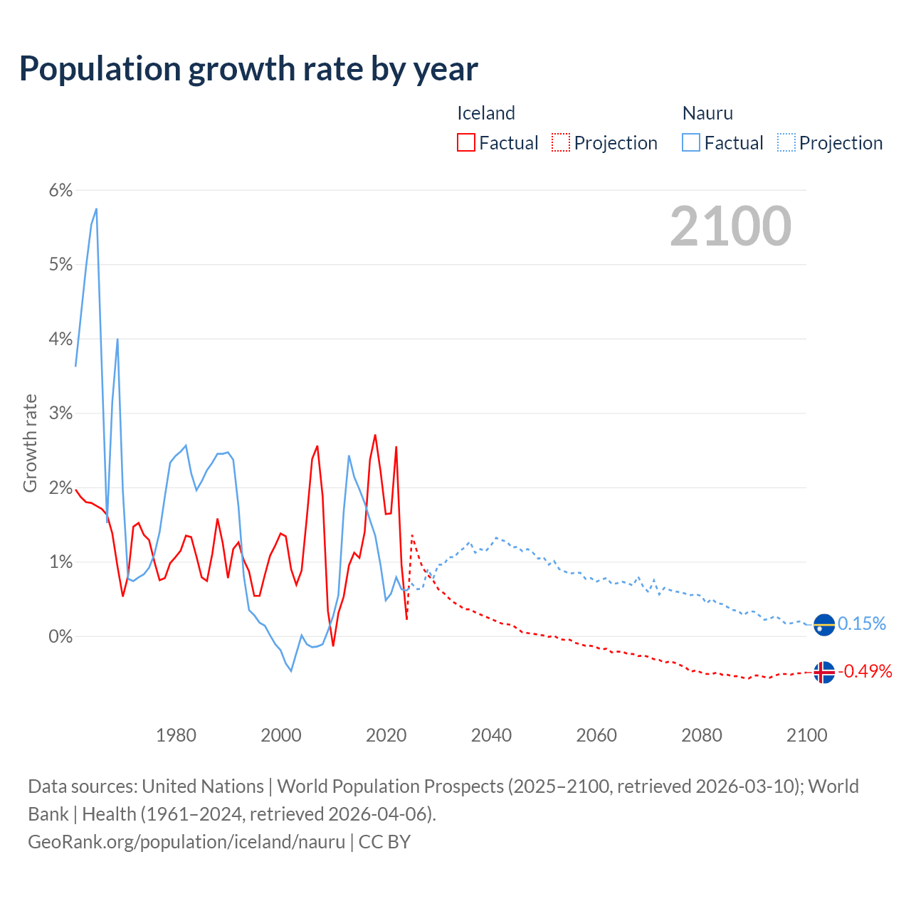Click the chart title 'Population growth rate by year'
point(248,69)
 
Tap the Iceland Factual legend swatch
point(466,142)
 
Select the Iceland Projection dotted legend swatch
point(561,142)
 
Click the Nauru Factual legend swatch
point(691,142)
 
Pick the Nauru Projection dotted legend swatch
point(786,142)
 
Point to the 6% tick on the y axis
point(60,191)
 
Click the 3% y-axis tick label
point(60,414)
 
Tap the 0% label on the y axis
point(60,637)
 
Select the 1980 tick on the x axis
point(176,735)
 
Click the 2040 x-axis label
point(491,735)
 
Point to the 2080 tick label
point(702,735)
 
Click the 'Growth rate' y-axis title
point(30,443)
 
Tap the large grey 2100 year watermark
point(730,226)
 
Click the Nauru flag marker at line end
point(823,624)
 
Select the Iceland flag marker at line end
point(823,672)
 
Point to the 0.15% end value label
point(862,624)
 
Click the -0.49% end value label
point(865,672)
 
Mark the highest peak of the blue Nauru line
point(96,209)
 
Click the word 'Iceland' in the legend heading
point(485,113)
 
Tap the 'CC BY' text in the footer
point(384,842)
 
